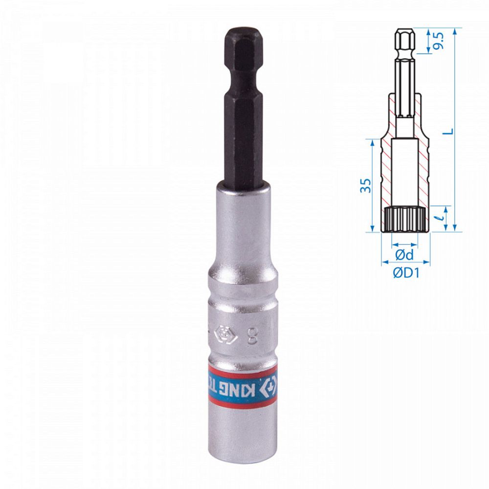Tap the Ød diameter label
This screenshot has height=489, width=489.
[404, 255]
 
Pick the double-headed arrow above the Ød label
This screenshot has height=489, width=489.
[404, 243]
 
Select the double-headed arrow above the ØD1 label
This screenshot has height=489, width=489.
[405, 262]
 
